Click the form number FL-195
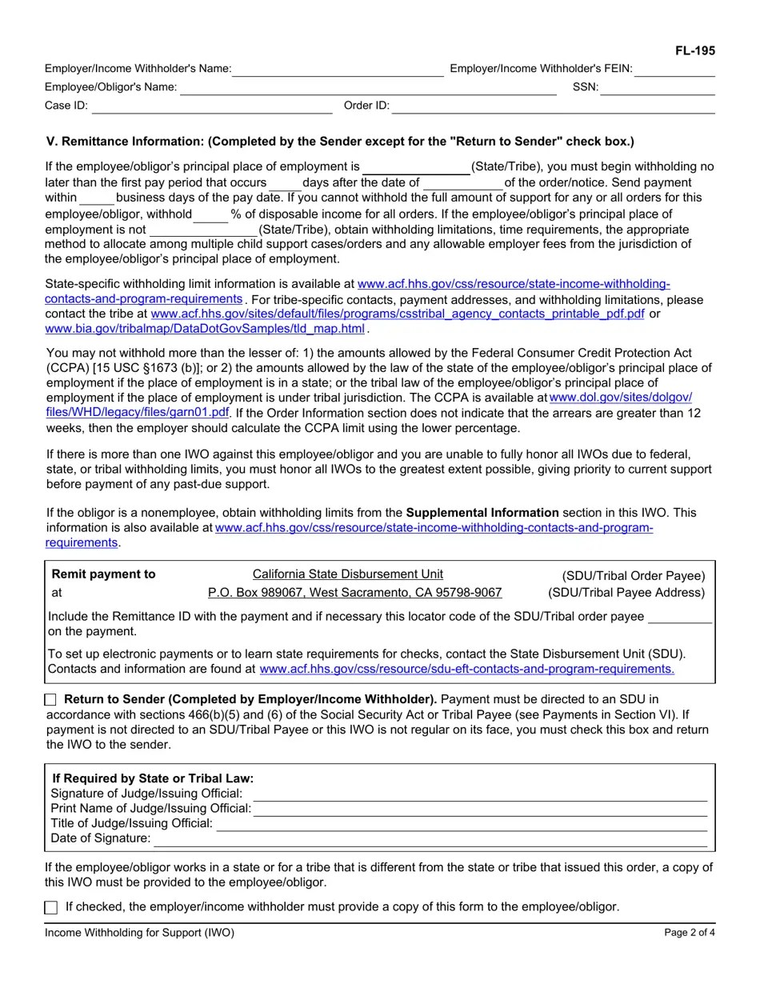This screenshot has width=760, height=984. tap(694, 51)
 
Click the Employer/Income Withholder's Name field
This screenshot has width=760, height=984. tap(338, 70)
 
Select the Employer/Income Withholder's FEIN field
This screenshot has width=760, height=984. tap(674, 70)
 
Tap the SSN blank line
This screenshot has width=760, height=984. tap(657, 88)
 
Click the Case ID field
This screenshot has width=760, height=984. tap(211, 106)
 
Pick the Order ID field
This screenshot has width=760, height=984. tap(552, 106)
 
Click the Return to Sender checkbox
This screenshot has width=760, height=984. tap(51, 700)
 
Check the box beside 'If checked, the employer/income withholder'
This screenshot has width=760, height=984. tap(51, 907)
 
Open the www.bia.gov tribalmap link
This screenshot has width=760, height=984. tap(205, 329)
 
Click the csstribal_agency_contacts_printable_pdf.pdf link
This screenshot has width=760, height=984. tap(398, 314)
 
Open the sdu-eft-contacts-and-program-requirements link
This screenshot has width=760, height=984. tap(467, 669)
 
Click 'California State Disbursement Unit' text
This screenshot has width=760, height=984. tap(348, 574)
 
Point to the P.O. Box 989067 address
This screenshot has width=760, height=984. tap(354, 593)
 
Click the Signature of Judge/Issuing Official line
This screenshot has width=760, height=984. tap(480, 794)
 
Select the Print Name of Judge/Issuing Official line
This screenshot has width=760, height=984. tap(480, 809)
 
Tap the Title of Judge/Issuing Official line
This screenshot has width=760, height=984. tap(462, 824)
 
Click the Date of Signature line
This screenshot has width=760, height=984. tap(430, 838)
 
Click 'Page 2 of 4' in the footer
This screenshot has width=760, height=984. tap(690, 933)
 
